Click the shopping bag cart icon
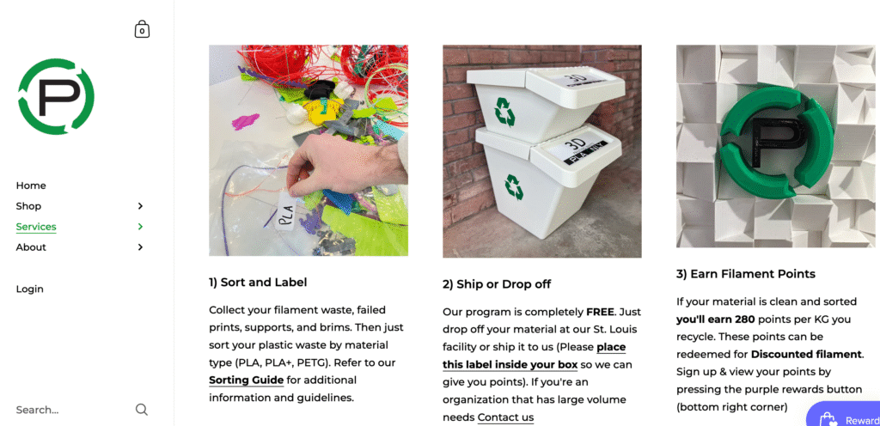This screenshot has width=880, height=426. [142, 30]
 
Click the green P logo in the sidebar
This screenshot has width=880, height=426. [56, 96]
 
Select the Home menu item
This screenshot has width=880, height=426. [31, 186]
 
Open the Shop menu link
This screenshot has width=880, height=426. [28, 206]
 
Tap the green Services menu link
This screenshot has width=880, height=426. [36, 227]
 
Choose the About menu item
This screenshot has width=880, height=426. [31, 247]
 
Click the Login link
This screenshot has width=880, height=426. [29, 289]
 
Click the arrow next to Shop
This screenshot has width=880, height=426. [140, 206]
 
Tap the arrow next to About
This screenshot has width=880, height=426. [140, 247]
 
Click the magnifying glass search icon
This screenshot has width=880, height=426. [142, 410]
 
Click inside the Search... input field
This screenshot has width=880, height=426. [69, 410]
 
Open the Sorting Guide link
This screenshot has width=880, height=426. [246, 380]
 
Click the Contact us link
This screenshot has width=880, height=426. [505, 417]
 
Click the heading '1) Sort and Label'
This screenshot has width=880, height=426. [258, 282]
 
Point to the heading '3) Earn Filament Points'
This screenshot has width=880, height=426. [746, 274]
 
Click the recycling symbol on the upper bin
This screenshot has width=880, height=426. [504, 110]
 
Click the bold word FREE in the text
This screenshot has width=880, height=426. [600, 312]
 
